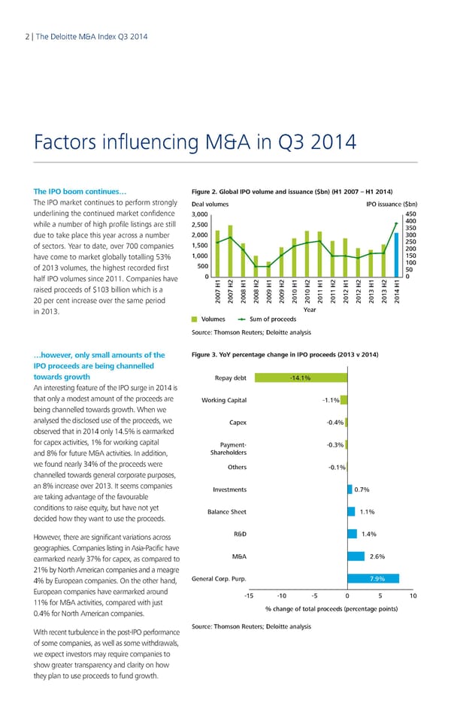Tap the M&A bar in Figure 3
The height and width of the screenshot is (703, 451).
[x=356, y=556]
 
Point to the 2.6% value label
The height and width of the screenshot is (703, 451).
[x=378, y=556]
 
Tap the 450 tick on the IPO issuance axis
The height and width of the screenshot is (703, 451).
[x=410, y=213]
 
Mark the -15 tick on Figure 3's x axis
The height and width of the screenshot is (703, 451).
[x=247, y=596]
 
